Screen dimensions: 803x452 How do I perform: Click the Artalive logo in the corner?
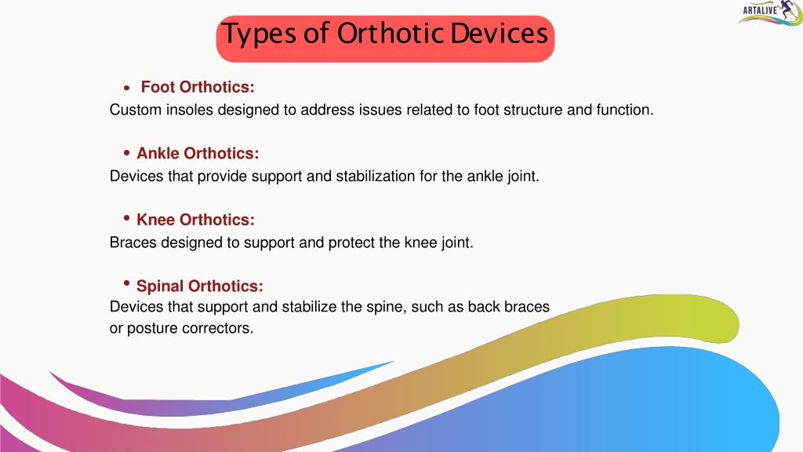[770, 13]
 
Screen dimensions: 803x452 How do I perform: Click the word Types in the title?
[260, 35]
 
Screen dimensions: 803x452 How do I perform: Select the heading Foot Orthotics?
[198, 87]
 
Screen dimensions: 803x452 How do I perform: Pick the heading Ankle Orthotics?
[198, 153]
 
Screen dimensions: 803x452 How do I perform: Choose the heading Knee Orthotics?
[195, 220]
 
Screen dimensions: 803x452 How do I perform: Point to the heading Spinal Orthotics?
[200, 286]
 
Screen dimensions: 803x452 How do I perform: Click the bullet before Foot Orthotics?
[127, 88]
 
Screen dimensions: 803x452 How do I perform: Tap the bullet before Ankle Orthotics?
[127, 152]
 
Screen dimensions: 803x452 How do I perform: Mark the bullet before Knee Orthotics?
[127, 218]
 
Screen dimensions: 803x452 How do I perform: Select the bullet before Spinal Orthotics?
[127, 282]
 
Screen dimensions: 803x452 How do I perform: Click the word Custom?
[136, 110]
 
